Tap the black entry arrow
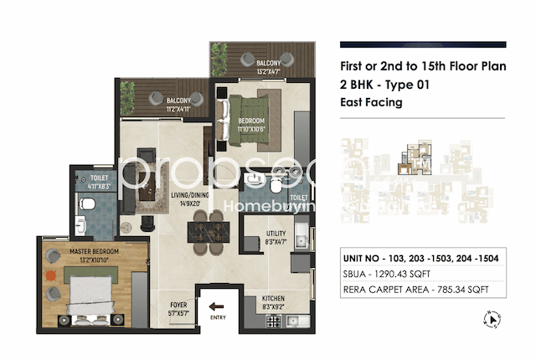click(x=217, y=306)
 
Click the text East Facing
click(x=373, y=103)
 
